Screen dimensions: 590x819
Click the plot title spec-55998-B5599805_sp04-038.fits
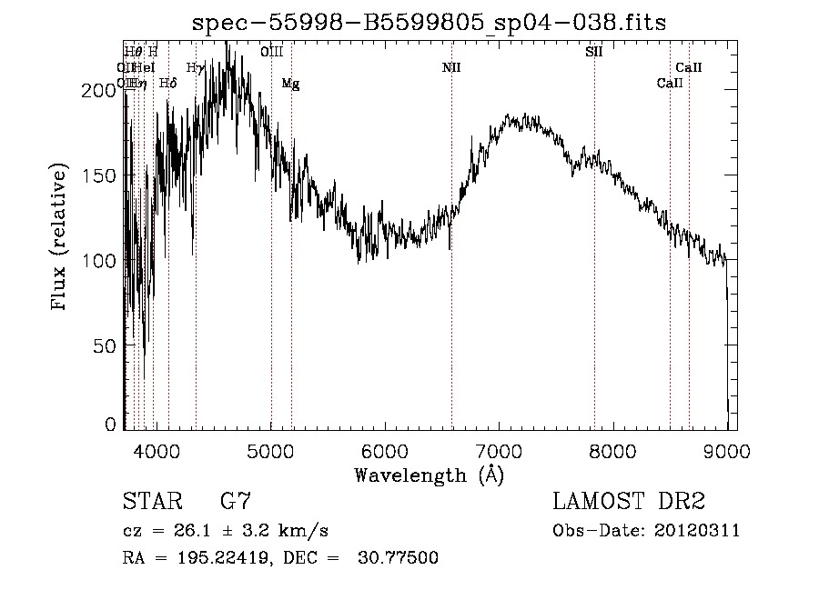pyautogui.click(x=430, y=24)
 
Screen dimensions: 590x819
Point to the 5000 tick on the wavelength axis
pyautogui.click(x=270, y=450)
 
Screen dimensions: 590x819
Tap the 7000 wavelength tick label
pyautogui.click(x=499, y=450)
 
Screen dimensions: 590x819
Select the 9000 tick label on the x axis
pyautogui.click(x=726, y=450)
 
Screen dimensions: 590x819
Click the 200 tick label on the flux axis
pyautogui.click(x=103, y=90)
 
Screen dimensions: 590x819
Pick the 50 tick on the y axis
pyautogui.click(x=107, y=345)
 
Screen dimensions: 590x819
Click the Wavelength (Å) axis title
pyautogui.click(x=429, y=475)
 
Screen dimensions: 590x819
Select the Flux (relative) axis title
pyautogui.click(x=60, y=237)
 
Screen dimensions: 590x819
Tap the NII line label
pyautogui.click(x=451, y=67)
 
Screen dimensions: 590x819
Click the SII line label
pyautogui.click(x=593, y=52)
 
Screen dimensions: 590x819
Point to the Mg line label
pyautogui.click(x=290, y=84)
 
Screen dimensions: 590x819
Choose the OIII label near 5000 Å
pyautogui.click(x=271, y=52)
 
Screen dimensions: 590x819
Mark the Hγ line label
pyautogui.click(x=195, y=67)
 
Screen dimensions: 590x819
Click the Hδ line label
pyautogui.click(x=167, y=84)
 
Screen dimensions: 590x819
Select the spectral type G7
pyautogui.click(x=235, y=502)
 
